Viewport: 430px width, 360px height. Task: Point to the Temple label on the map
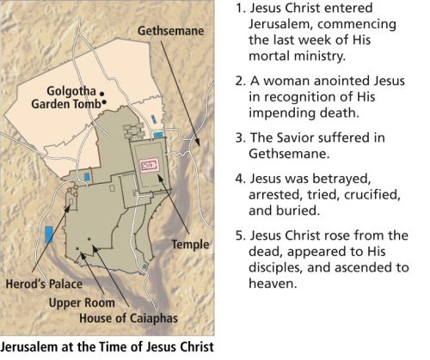(190, 244)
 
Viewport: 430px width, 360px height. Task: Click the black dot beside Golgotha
(101, 92)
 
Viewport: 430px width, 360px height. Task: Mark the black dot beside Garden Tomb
(105, 102)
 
